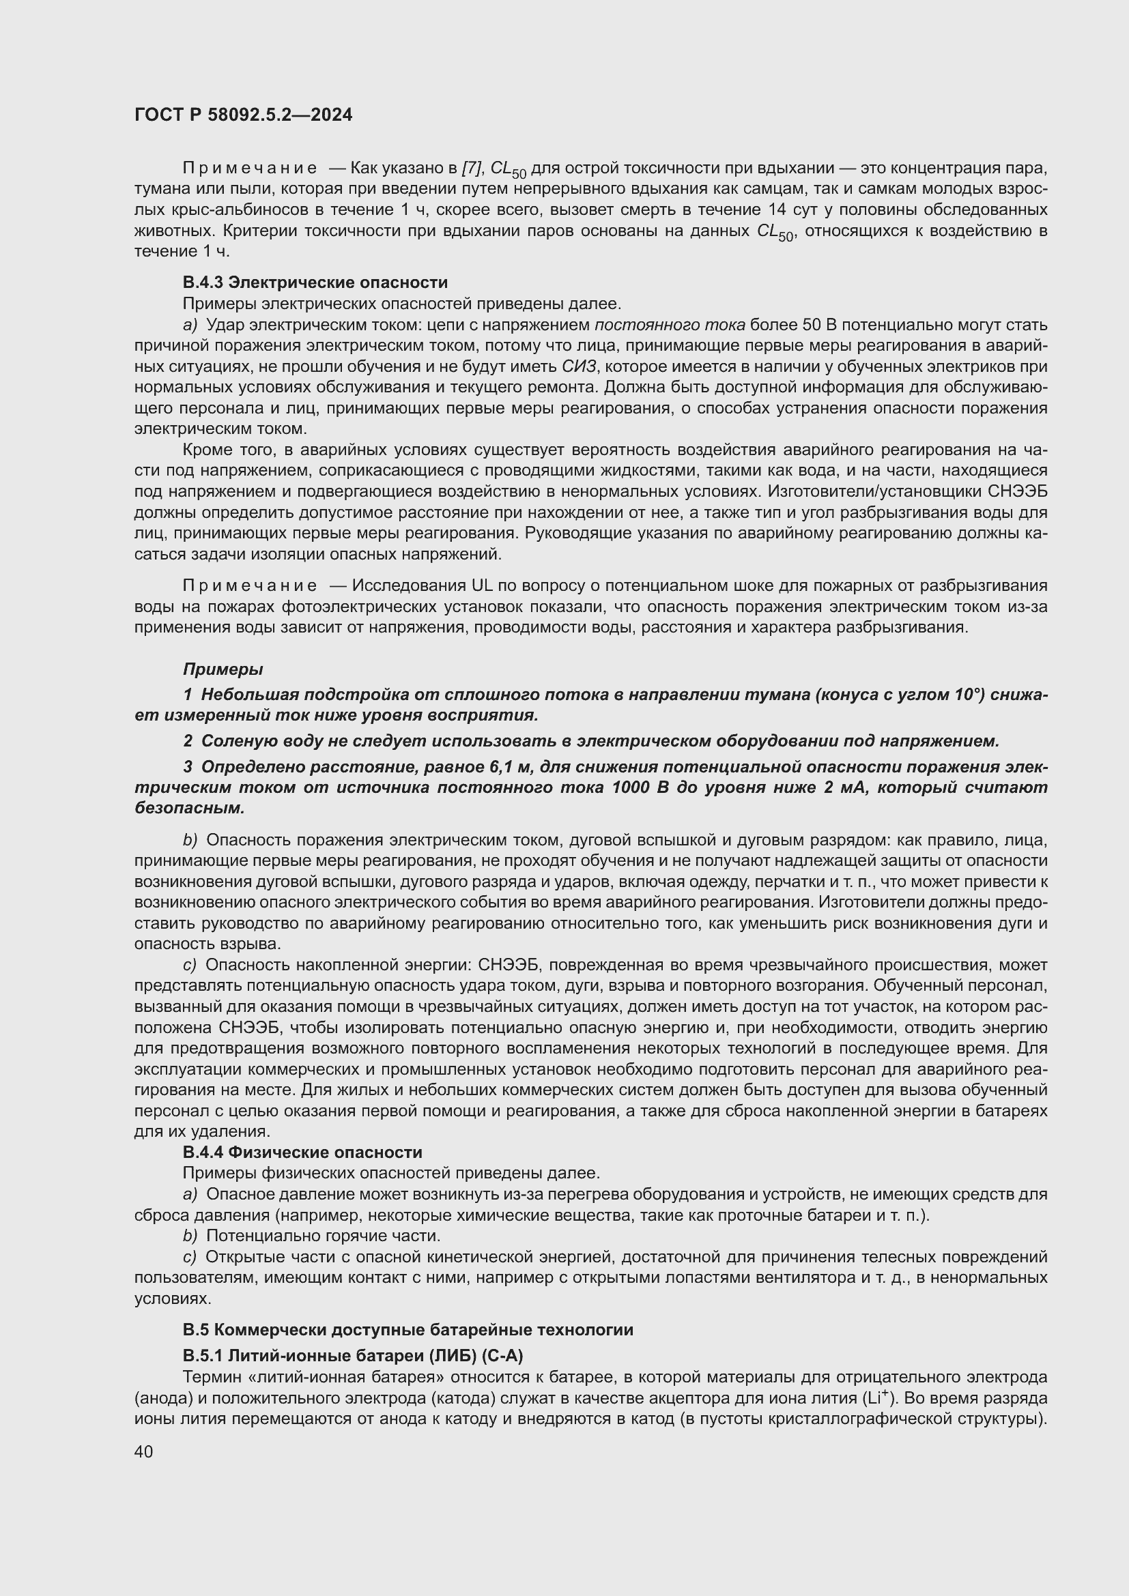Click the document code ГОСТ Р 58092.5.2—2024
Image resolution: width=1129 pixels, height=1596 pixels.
point(243,115)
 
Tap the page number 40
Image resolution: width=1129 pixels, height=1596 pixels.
point(144,1451)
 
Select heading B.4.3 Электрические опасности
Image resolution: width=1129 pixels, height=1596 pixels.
point(315,282)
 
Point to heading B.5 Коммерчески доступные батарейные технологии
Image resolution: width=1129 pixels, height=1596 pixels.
point(408,1330)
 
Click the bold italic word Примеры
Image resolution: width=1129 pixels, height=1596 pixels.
point(223,669)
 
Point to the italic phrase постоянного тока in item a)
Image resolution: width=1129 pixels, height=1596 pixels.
point(670,325)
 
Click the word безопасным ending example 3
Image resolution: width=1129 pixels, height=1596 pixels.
point(189,809)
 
